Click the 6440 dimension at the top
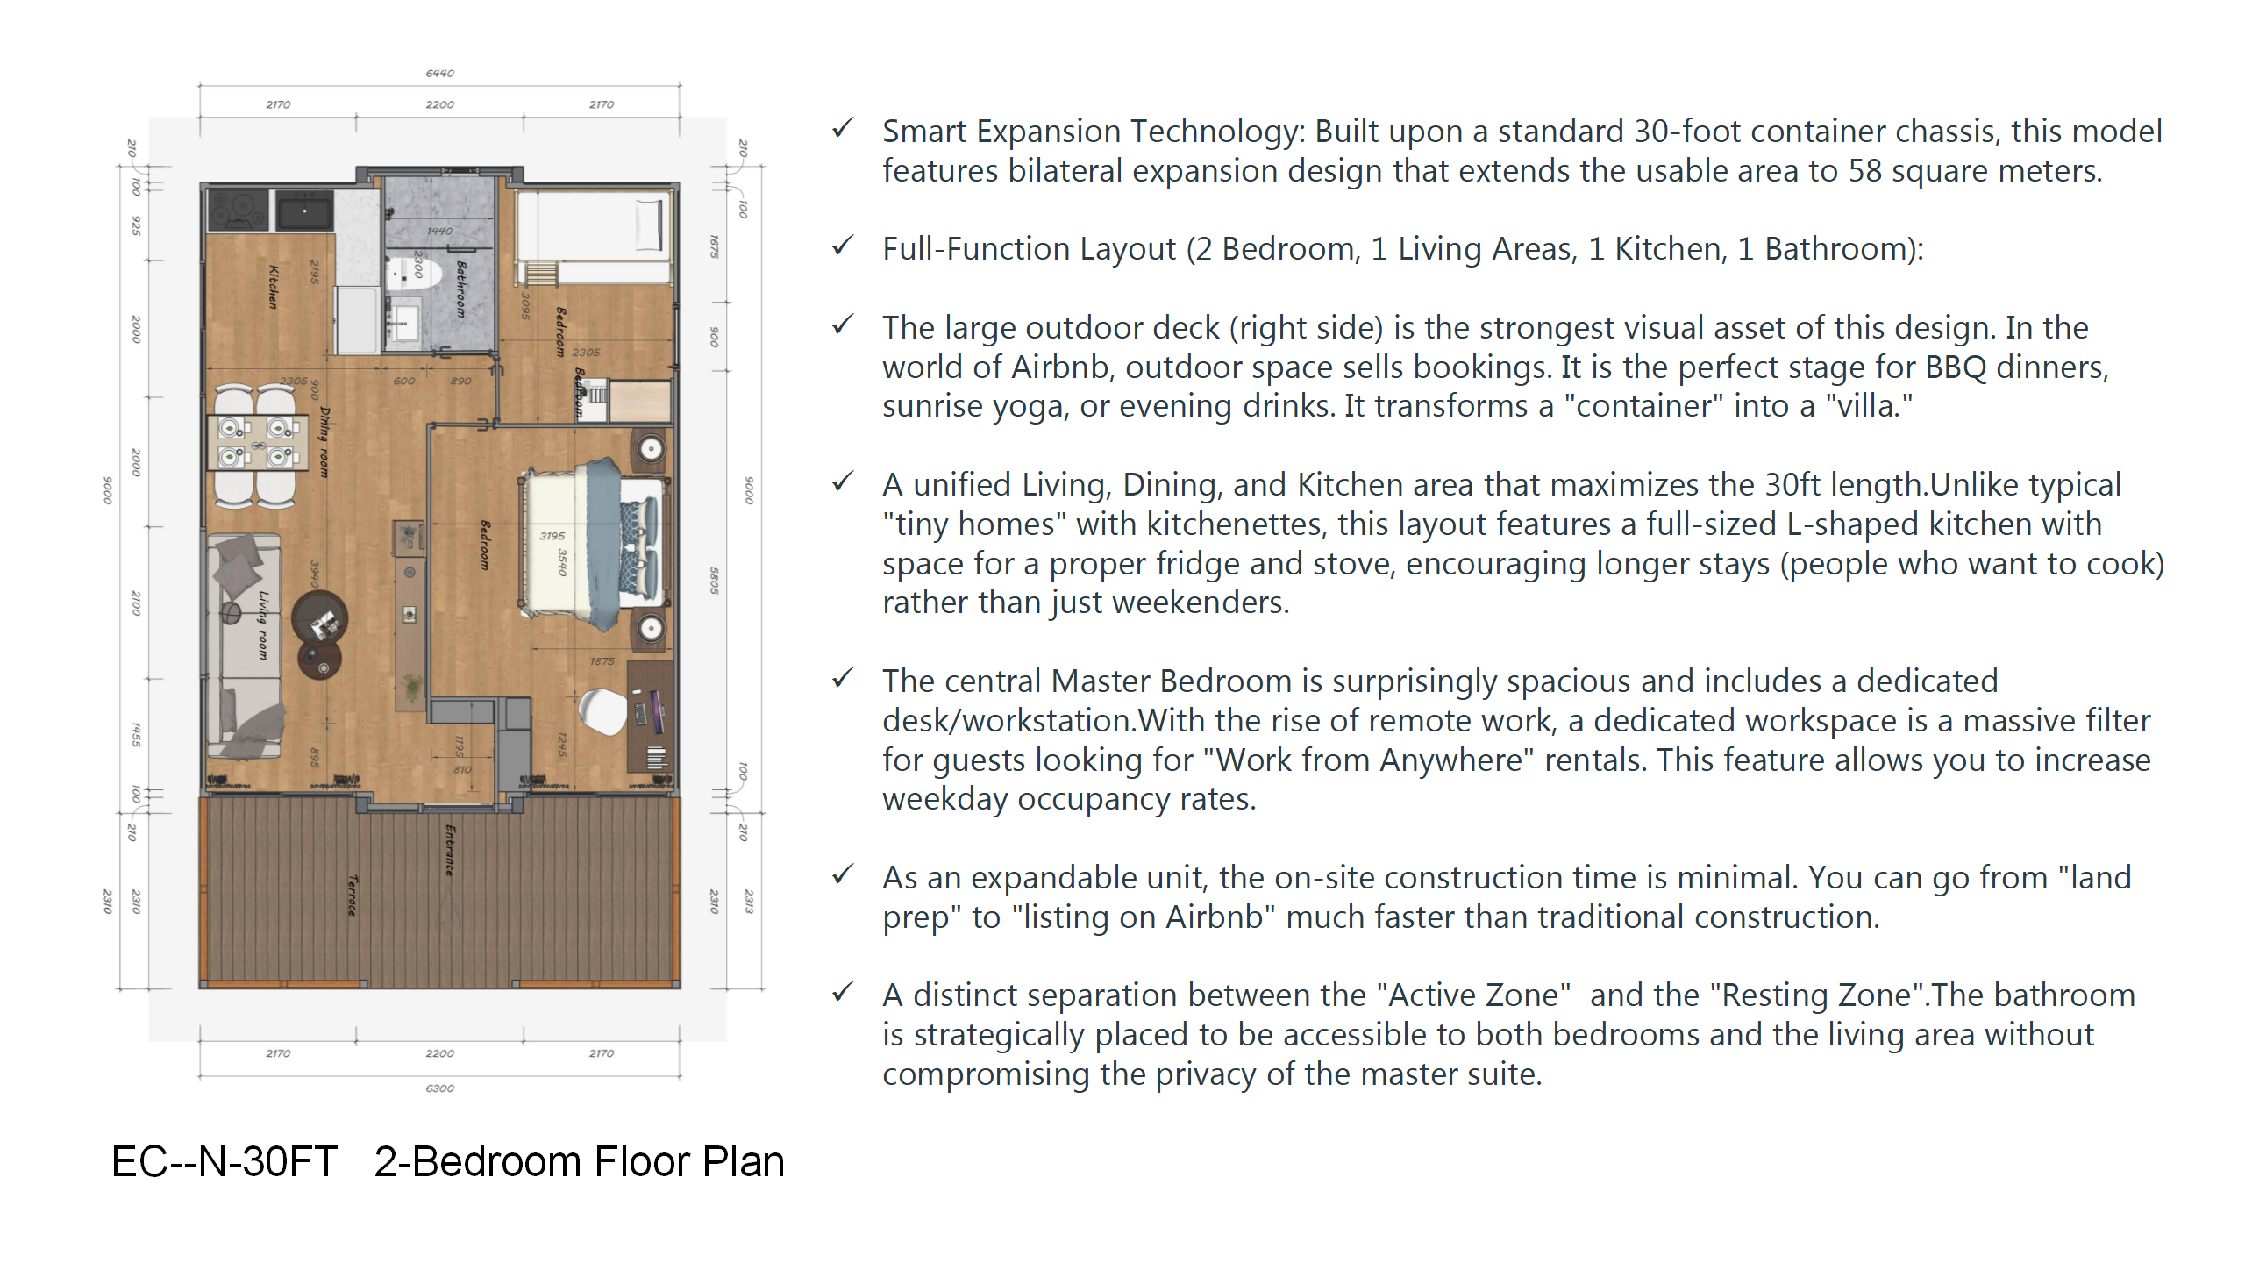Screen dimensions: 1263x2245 (x=439, y=74)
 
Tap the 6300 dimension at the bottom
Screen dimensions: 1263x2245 (x=439, y=1088)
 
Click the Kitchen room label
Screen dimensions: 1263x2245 (x=273, y=287)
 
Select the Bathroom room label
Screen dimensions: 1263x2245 (x=460, y=289)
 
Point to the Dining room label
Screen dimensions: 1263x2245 (x=324, y=442)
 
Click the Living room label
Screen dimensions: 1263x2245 (x=262, y=624)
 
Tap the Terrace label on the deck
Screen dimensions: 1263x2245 (x=353, y=895)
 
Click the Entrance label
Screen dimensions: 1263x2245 (x=450, y=849)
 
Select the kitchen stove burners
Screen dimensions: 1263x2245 (x=237, y=210)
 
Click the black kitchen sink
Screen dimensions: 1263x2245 (x=304, y=210)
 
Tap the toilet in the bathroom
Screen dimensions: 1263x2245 (x=412, y=272)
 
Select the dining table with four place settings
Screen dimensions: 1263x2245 (x=257, y=442)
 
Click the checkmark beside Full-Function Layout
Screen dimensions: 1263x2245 (x=843, y=246)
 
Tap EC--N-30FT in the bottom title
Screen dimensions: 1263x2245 (x=224, y=1162)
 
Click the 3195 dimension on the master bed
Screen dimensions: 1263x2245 (x=552, y=536)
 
